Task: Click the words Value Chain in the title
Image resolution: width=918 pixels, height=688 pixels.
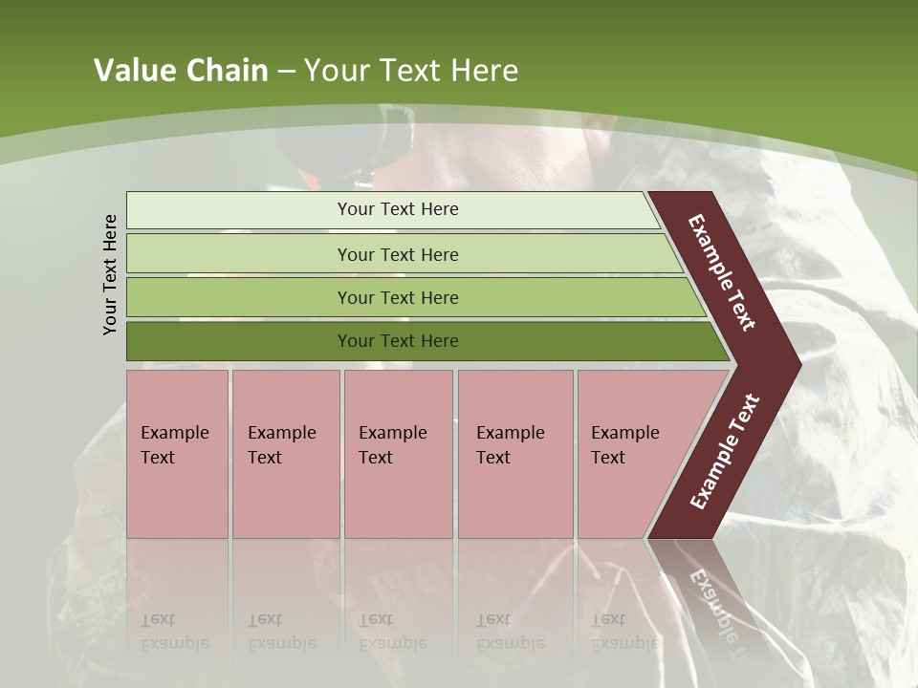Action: pyautogui.click(x=181, y=71)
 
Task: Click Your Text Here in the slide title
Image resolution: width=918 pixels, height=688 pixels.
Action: pyautogui.click(x=411, y=71)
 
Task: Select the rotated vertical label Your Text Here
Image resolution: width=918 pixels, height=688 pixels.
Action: pyautogui.click(x=110, y=274)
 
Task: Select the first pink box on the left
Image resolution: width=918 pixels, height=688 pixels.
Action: pyautogui.click(x=177, y=454)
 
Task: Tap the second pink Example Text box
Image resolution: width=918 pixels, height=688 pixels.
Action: pyautogui.click(x=286, y=454)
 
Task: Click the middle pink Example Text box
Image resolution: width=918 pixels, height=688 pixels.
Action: pyautogui.click(x=398, y=454)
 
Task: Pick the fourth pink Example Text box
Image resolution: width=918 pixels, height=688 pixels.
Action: pyautogui.click(x=515, y=454)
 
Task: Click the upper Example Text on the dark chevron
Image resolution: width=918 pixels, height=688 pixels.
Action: pyautogui.click(x=723, y=272)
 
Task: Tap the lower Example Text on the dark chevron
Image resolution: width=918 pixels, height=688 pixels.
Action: pyautogui.click(x=725, y=451)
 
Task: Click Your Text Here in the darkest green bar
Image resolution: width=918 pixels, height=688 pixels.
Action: pyautogui.click(x=398, y=341)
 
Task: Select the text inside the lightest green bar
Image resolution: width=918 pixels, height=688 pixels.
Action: pyautogui.click(x=398, y=209)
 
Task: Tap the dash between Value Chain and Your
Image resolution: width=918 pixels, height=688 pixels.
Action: pyautogui.click(x=286, y=72)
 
